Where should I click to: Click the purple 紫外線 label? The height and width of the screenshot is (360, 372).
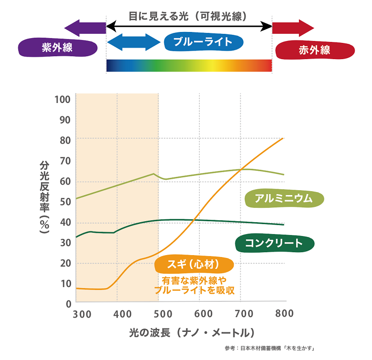click(x=58, y=48)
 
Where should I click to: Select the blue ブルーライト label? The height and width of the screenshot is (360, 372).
click(x=203, y=41)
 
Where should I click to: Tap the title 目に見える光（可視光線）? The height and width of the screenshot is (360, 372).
click(x=188, y=16)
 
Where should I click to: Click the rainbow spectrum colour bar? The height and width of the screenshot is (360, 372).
click(x=189, y=65)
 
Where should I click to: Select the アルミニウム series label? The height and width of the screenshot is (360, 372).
click(x=284, y=198)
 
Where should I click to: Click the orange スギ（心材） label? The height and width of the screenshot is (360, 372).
click(x=194, y=264)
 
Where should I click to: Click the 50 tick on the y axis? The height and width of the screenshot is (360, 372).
click(x=65, y=201)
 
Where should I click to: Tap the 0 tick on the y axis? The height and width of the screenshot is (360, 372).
click(x=68, y=303)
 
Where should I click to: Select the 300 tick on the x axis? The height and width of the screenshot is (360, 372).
click(x=82, y=314)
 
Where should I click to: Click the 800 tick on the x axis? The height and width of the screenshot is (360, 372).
click(x=284, y=314)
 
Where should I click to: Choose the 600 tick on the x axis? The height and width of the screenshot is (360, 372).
click(x=204, y=314)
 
